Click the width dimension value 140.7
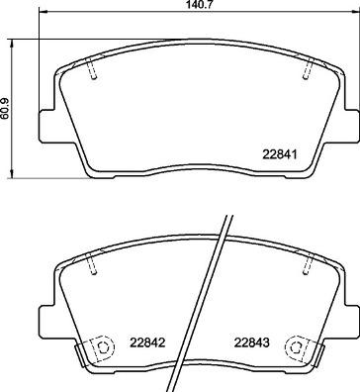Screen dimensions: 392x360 coord(199,6)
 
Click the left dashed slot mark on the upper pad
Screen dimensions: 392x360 coord(91,71)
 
